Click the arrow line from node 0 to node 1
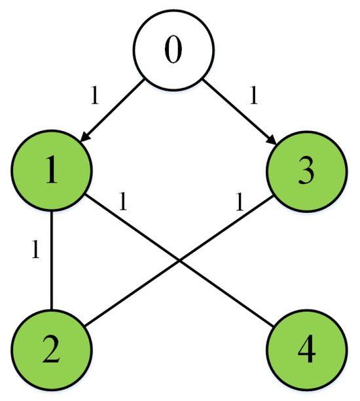tap(113, 111)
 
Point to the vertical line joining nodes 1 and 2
tap(52, 262)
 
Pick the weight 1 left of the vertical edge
tap(37, 250)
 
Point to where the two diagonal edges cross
tap(179, 263)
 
